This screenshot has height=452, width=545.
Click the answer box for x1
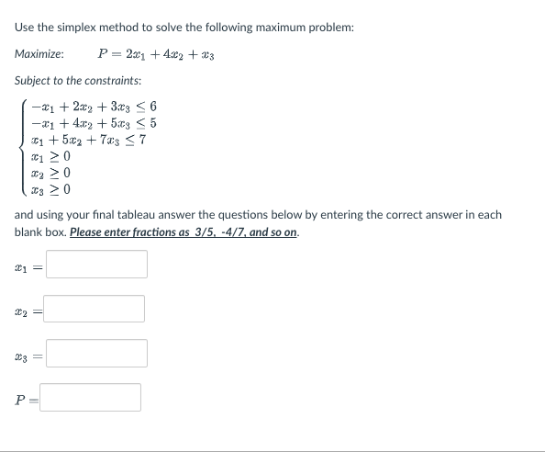tap(96, 265)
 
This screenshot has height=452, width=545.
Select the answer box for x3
tap(96, 354)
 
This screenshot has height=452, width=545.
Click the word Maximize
tap(39, 54)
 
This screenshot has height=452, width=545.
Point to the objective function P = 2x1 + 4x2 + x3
tap(161, 54)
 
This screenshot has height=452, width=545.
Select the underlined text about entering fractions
tap(184, 232)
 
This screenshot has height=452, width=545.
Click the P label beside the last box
tap(21, 398)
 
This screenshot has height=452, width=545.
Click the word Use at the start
tap(26, 28)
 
